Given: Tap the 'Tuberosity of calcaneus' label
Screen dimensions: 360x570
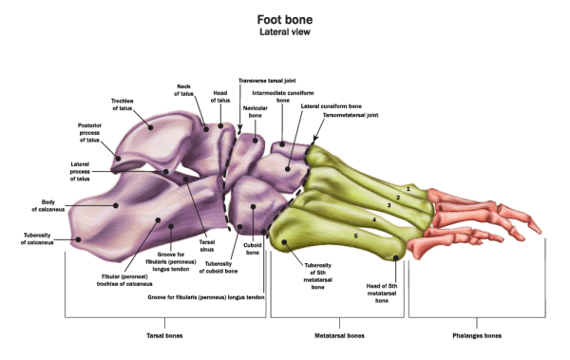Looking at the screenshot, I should coord(45,238).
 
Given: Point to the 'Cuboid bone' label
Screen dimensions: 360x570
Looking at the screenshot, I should coord(253,250).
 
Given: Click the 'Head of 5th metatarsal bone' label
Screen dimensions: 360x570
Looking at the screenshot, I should coord(381,292).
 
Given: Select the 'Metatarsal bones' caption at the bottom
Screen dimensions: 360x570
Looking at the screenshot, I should coord(339,336).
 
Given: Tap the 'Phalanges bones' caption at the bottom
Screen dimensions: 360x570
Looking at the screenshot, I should coord(478,336).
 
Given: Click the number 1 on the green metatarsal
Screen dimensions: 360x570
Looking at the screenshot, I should coord(408,188).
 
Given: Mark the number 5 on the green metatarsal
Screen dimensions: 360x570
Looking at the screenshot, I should coord(355,235).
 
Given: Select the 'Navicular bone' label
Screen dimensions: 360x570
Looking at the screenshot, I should coord(255,112).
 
